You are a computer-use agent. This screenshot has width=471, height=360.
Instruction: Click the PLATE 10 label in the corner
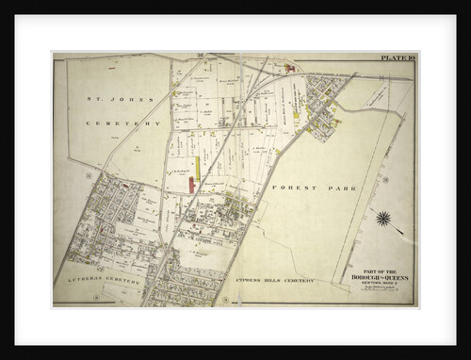coord(396,58)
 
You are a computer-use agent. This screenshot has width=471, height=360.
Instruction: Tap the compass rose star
coord(382,219)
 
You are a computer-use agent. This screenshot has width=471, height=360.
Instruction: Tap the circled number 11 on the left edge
coord(88,175)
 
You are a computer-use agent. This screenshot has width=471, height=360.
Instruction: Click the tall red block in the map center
coord(191,184)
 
